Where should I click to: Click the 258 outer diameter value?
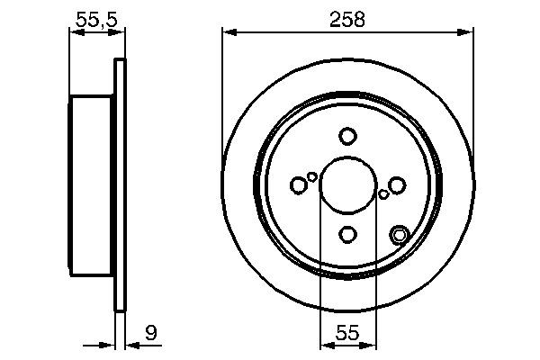(347, 18)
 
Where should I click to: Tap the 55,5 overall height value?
(94, 18)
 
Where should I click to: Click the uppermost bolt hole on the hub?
(347, 136)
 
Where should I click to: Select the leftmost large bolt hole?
(299, 185)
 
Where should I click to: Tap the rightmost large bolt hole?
(397, 185)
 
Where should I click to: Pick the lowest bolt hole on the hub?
(347, 235)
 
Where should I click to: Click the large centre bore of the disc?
(347, 185)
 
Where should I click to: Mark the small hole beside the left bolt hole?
(312, 176)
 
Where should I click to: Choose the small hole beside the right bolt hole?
(383, 193)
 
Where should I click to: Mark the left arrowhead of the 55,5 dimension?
(75, 33)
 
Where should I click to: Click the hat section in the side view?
(91, 185)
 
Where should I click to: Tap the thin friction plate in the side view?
(118, 185)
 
